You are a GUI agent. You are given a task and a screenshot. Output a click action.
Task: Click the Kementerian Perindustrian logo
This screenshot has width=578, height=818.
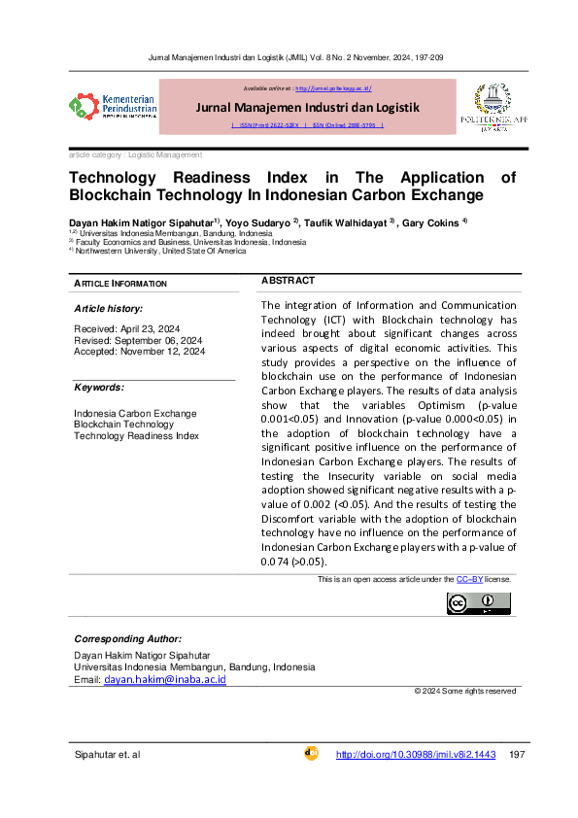(x=113, y=105)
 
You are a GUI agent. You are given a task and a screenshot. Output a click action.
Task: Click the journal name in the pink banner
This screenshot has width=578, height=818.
(x=307, y=107)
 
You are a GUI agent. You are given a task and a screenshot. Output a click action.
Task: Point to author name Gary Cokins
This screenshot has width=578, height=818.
(x=433, y=222)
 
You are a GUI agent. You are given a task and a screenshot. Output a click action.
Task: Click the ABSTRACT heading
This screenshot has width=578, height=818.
(x=288, y=281)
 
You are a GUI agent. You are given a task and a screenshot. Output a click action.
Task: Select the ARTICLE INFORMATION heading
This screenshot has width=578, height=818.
(x=120, y=284)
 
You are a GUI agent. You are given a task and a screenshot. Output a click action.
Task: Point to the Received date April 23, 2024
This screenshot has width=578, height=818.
(x=127, y=329)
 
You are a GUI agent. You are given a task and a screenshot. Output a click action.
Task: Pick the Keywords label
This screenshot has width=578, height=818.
(x=101, y=388)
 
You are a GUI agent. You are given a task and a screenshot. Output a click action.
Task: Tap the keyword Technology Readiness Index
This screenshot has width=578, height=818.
(x=136, y=435)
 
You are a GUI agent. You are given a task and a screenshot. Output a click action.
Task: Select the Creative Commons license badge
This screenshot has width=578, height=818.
(x=478, y=603)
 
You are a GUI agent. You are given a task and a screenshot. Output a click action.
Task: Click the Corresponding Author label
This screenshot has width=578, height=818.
(x=127, y=638)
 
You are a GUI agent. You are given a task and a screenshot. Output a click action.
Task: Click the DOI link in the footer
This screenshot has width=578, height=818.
(x=416, y=755)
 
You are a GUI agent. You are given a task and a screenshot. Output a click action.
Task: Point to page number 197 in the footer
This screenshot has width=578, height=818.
(x=517, y=755)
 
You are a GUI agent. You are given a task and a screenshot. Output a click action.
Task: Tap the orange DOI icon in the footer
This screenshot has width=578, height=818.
(x=312, y=753)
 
